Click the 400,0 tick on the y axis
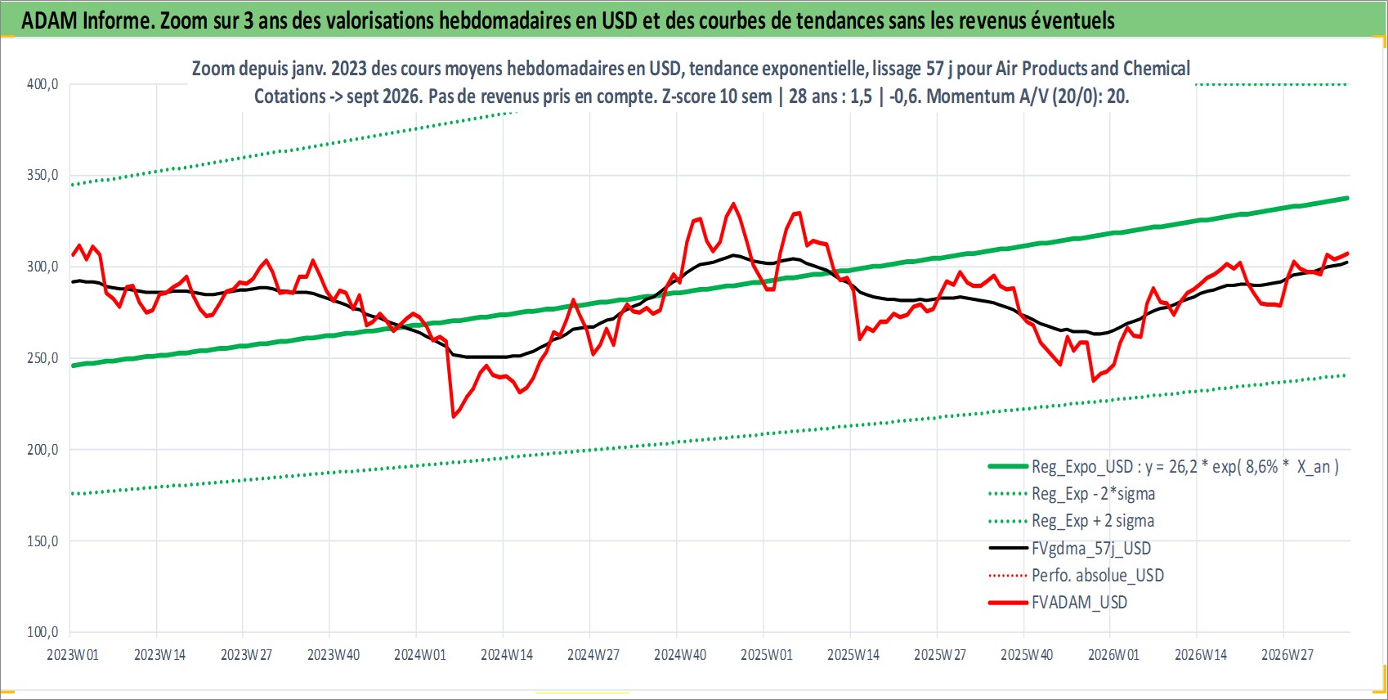click(x=43, y=84)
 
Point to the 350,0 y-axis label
click(x=43, y=176)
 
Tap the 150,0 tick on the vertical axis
click(x=43, y=541)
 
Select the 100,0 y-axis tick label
click(x=43, y=632)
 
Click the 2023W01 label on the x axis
click(x=73, y=655)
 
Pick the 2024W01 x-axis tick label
click(x=420, y=655)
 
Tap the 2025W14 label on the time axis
click(x=853, y=655)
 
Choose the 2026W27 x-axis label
click(x=1287, y=655)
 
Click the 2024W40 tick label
click(x=680, y=655)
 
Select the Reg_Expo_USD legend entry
click(x=1164, y=466)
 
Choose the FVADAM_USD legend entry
click(x=1058, y=602)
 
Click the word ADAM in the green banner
click(x=50, y=20)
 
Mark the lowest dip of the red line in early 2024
click(x=454, y=417)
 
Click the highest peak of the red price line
click(x=734, y=204)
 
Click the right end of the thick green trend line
click(x=1347, y=199)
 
